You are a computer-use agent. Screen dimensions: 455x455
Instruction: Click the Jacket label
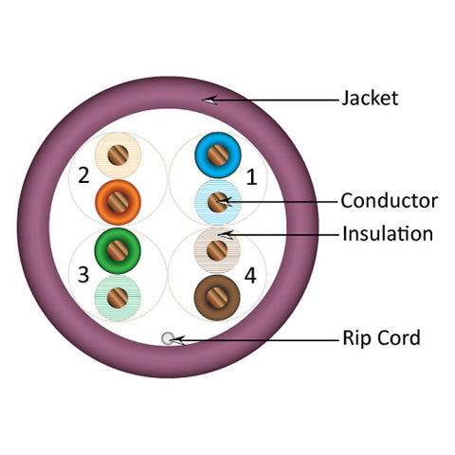click(370, 98)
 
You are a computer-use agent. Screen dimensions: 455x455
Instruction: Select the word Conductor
click(390, 201)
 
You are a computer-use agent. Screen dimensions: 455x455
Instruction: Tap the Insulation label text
click(388, 234)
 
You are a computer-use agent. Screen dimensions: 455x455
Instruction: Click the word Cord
click(399, 337)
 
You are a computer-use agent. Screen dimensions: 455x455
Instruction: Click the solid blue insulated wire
click(218, 155)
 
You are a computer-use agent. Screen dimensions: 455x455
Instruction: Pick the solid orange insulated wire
click(118, 203)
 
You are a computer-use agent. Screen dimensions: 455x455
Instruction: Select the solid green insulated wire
click(118, 250)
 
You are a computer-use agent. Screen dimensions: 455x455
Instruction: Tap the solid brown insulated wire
click(217, 298)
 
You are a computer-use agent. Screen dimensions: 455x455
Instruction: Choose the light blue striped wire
click(218, 203)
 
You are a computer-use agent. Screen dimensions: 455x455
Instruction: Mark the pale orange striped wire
click(118, 155)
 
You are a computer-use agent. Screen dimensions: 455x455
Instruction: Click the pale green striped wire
click(118, 298)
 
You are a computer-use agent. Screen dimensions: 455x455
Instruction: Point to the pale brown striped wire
click(217, 250)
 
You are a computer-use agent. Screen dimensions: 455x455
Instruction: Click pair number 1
click(251, 177)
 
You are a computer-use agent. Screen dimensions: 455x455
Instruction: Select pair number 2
click(83, 175)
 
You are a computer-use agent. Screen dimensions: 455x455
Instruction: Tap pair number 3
click(83, 275)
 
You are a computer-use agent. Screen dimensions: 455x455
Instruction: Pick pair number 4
click(250, 275)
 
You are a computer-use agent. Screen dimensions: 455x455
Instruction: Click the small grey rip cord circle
click(168, 338)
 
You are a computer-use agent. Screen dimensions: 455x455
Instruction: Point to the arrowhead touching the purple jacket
click(209, 100)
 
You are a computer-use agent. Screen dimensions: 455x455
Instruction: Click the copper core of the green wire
click(118, 250)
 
